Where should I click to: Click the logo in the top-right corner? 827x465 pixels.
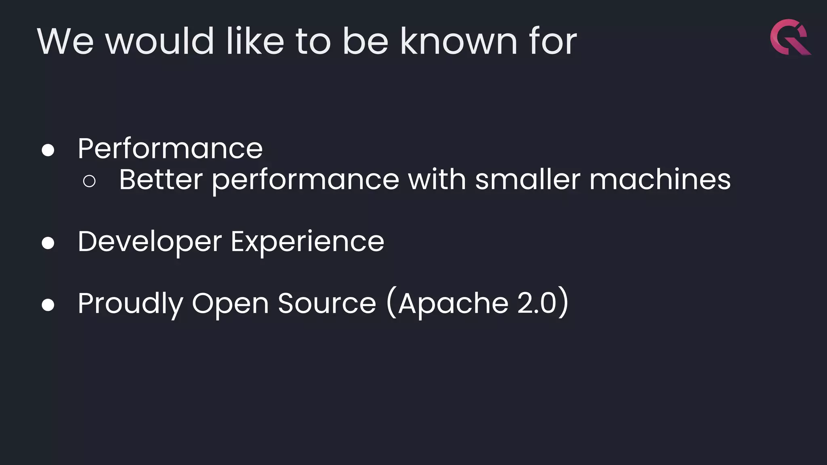point(790,37)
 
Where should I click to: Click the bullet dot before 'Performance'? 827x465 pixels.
point(48,150)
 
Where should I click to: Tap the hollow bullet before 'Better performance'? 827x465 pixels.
point(89,181)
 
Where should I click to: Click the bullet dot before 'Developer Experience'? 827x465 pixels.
point(48,243)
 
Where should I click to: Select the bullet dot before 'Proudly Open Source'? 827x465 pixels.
point(48,305)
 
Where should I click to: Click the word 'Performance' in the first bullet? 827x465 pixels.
point(170,149)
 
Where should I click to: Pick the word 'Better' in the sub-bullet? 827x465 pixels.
point(161,180)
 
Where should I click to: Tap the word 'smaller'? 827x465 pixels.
point(527,180)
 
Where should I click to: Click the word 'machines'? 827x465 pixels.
point(660,180)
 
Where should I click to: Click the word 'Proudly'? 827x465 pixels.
point(130,304)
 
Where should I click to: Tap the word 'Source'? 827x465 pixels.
point(327,304)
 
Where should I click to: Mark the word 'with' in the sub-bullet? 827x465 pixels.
point(437,180)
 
